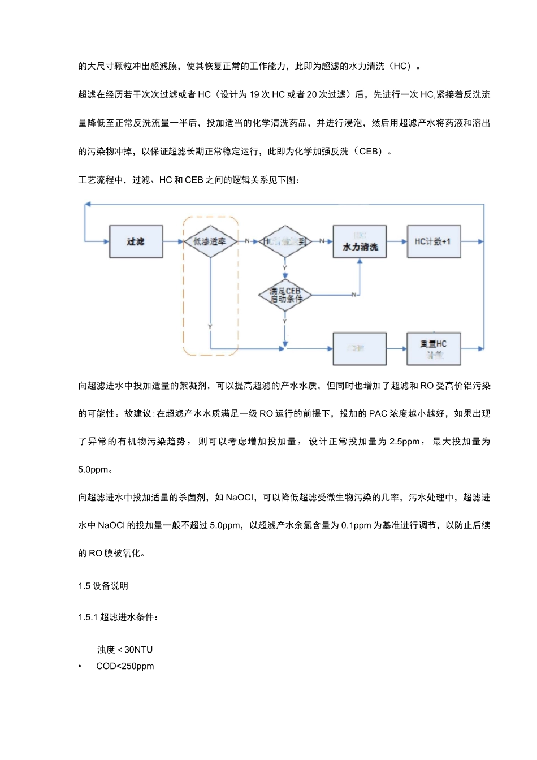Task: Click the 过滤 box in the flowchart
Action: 136,242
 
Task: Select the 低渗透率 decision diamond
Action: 210,241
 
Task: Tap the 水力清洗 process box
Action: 360,242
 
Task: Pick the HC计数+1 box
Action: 434,242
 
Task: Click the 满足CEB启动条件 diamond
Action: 285,295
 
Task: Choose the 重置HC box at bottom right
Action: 434,348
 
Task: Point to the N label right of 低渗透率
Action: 247,241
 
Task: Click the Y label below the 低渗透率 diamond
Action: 210,327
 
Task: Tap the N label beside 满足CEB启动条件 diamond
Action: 354,295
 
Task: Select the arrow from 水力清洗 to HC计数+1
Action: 397,242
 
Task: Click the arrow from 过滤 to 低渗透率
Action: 174,242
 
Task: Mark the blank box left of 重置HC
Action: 360,348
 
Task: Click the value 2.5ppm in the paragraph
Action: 405,442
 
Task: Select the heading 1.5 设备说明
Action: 103,586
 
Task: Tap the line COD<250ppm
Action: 125,666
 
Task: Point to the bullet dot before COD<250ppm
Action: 80,666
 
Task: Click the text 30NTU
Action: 138,650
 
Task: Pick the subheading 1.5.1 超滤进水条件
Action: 118,617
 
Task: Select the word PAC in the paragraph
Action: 378,414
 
